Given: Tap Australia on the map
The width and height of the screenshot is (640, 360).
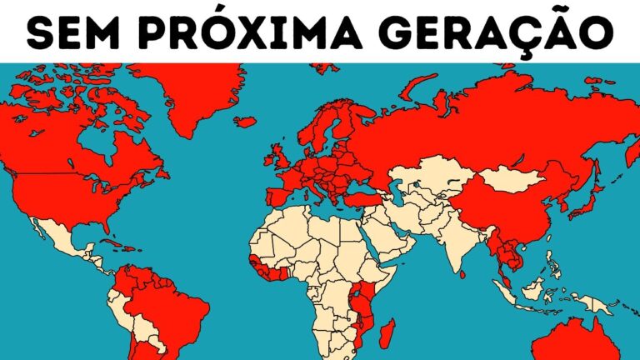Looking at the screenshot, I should point(575,342).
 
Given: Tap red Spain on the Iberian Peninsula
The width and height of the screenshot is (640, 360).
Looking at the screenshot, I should point(278,199).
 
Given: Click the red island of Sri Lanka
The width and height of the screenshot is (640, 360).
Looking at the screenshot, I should point(462,272).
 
